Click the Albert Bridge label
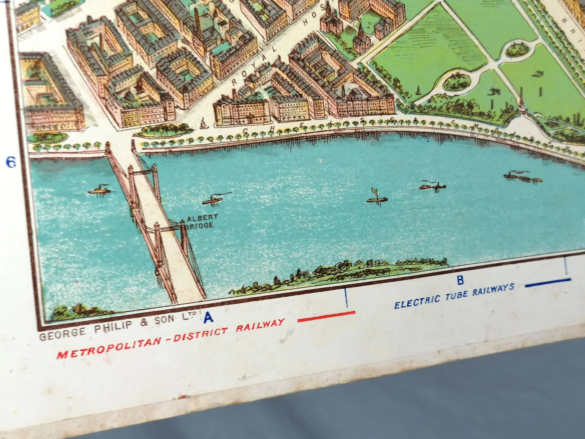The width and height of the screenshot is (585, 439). [x=202, y=221]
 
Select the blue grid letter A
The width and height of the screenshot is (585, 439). [x=208, y=317]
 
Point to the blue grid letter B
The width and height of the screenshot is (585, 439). [x=461, y=280]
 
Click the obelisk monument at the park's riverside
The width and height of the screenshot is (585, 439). [x=521, y=102]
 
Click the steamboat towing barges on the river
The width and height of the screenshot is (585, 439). [x=522, y=177]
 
